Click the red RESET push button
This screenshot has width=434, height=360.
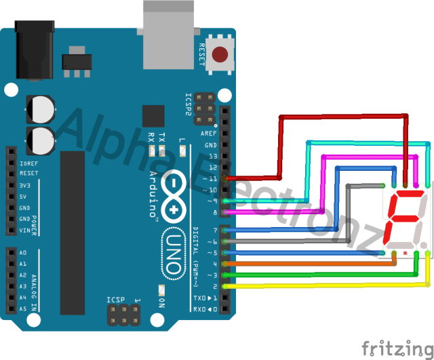(x=220, y=54)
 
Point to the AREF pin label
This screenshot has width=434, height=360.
(x=209, y=134)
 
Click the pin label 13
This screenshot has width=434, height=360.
(x=213, y=156)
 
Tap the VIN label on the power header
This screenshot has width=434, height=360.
(x=25, y=231)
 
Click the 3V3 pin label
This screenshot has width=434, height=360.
(x=25, y=185)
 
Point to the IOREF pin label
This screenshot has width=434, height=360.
(x=28, y=163)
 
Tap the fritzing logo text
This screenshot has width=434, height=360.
(x=393, y=348)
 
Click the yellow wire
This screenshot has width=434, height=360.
(x=325, y=286)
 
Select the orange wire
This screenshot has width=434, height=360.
(x=312, y=263)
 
